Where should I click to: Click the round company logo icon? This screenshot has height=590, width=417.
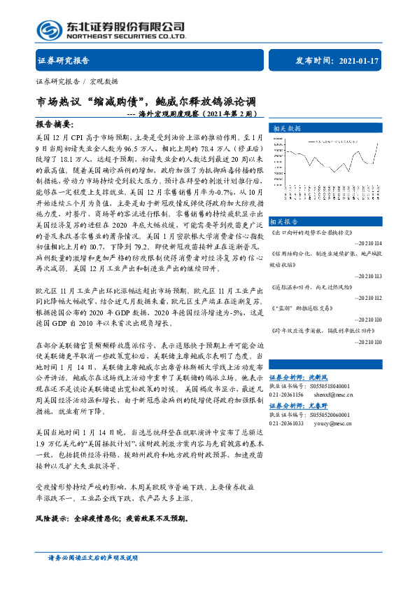50,30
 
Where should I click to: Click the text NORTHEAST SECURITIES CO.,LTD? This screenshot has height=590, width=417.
126,36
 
